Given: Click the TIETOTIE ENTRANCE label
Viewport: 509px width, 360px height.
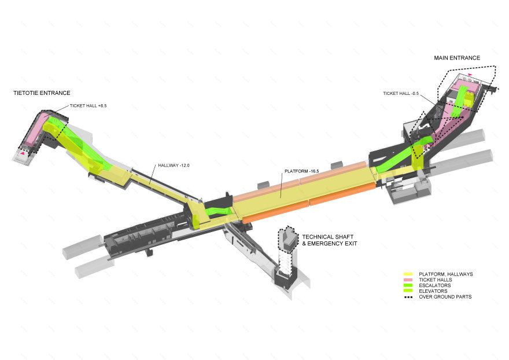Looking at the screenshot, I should click(42, 93).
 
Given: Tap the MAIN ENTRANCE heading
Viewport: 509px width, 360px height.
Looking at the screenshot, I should click(457, 58).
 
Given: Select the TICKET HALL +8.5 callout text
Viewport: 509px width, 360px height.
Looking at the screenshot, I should click(88, 106).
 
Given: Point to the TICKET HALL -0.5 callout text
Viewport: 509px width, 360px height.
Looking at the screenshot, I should click(401, 94).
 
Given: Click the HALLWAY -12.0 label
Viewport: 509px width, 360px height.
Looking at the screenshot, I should click(174, 166).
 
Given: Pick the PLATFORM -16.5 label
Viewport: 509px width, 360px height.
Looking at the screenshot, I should click(302, 172).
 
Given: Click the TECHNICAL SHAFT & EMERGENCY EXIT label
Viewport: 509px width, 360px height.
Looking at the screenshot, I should click(329, 240).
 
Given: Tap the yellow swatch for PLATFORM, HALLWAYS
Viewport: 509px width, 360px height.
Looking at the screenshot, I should click(408, 274).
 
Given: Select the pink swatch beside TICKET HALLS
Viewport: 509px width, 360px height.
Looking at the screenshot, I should click(408, 280).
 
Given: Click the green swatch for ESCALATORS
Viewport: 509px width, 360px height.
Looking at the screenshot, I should click(408, 285).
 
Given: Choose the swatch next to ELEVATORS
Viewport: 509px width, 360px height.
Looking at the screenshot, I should click(408, 291).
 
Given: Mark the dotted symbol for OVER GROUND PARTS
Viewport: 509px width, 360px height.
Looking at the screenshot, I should click(408, 297).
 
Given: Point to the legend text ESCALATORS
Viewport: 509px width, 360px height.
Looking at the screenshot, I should click(434, 285).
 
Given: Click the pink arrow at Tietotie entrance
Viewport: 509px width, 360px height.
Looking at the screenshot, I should click(23, 154).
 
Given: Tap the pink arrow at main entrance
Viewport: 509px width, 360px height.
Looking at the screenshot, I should click(470, 75).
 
